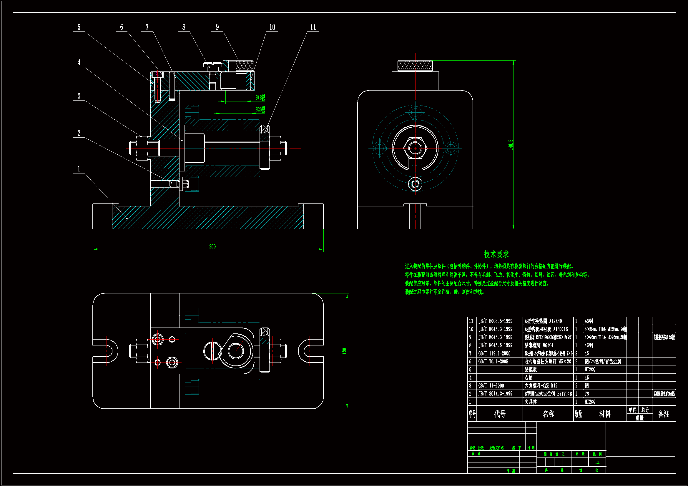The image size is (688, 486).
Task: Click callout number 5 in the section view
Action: click(x=79, y=27)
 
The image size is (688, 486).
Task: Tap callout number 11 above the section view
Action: click(x=313, y=28)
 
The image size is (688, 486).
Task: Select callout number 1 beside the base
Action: click(x=79, y=169)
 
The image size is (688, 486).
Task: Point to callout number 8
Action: click(x=184, y=27)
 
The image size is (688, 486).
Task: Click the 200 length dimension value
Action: click(x=212, y=246)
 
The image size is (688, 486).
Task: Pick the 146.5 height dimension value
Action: click(x=511, y=145)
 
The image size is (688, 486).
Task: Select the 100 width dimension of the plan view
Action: click(x=344, y=351)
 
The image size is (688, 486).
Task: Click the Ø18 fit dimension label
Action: click(x=260, y=98)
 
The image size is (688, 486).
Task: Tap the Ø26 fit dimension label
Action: click(x=260, y=110)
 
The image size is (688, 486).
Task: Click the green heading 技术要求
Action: click(x=496, y=254)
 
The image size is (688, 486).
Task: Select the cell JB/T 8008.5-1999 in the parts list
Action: click(x=495, y=321)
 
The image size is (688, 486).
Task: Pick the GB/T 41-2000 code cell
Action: click(x=491, y=386)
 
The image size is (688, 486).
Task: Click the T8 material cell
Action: click(x=587, y=394)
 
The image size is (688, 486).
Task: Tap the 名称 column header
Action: click(x=548, y=414)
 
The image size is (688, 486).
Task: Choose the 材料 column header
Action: click(x=605, y=414)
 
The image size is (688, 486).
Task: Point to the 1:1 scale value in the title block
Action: click(x=597, y=462)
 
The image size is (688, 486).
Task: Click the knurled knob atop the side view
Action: click(x=415, y=66)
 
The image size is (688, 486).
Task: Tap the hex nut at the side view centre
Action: click(x=415, y=148)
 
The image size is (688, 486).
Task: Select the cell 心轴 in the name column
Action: click(x=529, y=378)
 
